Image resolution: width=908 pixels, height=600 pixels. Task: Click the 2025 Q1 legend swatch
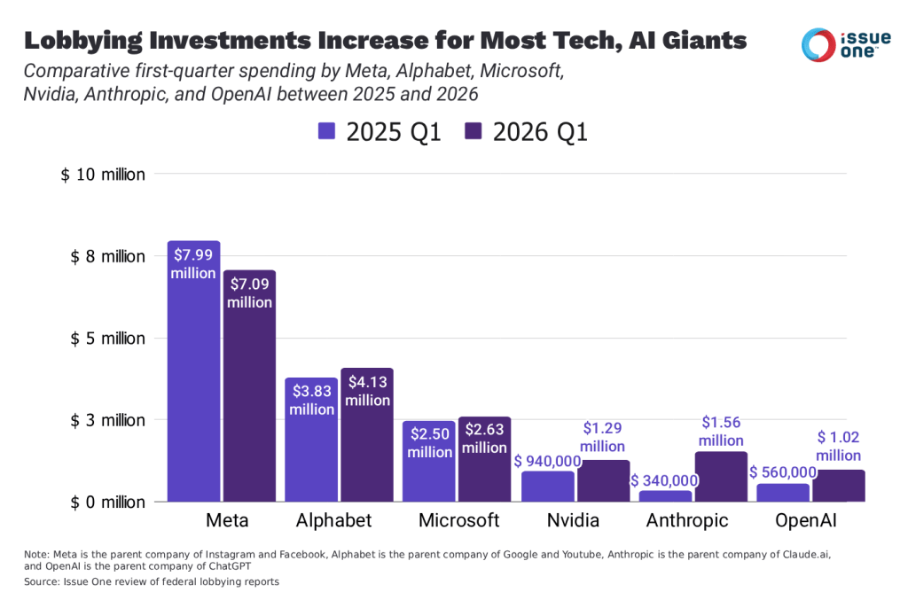(327, 132)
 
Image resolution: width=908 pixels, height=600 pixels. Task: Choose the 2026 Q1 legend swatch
(473, 132)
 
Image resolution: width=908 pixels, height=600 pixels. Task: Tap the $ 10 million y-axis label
(103, 175)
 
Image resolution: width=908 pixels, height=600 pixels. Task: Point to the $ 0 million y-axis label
(103, 502)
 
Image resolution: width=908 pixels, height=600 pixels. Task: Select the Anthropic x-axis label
(687, 519)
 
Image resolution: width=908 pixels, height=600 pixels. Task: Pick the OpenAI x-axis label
(806, 519)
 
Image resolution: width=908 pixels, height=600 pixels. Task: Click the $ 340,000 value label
(663, 480)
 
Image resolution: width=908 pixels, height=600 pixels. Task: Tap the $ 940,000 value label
(547, 460)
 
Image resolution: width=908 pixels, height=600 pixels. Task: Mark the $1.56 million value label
(720, 432)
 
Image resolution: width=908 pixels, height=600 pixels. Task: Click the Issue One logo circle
(817, 44)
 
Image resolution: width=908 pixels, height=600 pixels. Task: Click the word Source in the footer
(40, 581)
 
